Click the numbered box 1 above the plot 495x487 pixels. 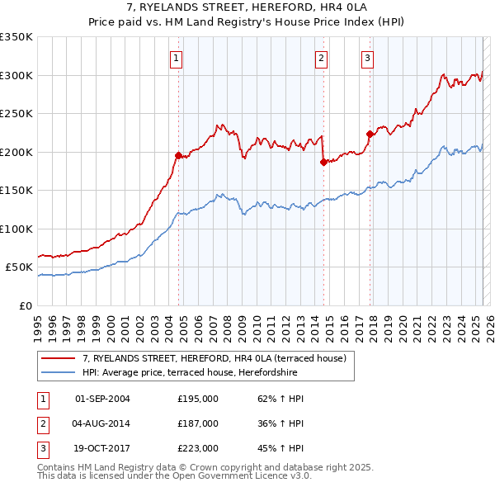coord(177,58)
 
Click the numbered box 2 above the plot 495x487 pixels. coord(320,58)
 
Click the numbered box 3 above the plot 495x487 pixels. coord(367,58)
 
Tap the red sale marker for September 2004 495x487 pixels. coord(178,155)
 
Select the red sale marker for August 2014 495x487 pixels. coord(323,162)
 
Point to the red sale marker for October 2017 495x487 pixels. coord(370,134)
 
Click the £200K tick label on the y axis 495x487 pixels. coord(16,152)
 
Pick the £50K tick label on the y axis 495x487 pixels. coord(18,267)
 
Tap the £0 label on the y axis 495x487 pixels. coord(25,306)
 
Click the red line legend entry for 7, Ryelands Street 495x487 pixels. coord(219,358)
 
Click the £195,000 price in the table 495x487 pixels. coord(198,399)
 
